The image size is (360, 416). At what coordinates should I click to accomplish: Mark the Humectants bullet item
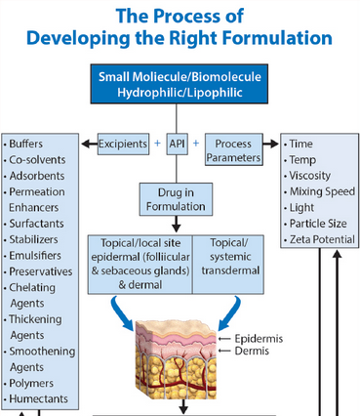pos(39,398)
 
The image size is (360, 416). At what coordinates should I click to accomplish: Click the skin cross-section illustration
pos(180,361)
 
